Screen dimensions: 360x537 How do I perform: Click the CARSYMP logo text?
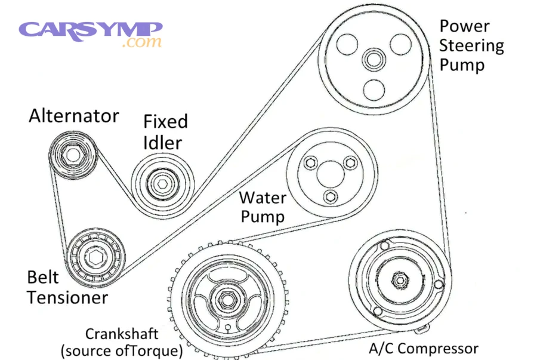pos(89,29)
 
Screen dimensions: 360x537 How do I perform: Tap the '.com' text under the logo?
pos(141,43)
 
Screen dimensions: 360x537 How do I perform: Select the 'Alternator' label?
pos(74,116)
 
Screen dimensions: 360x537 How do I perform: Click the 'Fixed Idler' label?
pos(165,132)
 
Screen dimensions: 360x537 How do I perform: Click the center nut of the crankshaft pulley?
pos(228,300)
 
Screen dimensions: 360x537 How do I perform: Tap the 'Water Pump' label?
pos(262,207)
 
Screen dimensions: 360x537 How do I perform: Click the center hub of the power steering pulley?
pos(374,60)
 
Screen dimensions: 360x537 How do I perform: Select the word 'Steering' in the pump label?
pos(471,45)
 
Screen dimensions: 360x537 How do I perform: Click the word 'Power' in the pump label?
pos(464,26)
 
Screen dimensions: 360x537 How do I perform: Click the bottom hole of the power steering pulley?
pos(374,89)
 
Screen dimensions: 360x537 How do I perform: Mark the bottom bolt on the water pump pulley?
pos(328,196)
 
